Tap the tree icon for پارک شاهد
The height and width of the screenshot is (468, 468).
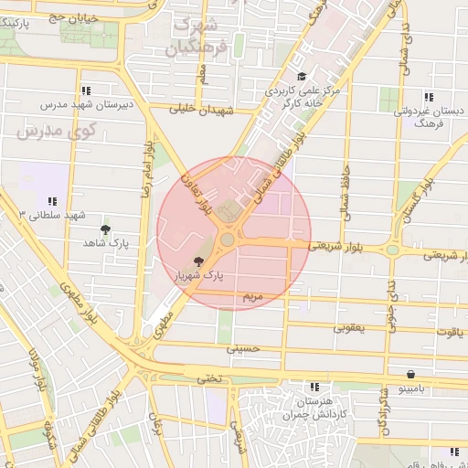coord(106,229)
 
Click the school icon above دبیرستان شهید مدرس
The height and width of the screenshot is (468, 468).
coord(86,91)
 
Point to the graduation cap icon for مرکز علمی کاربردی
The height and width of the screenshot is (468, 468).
coord(303,78)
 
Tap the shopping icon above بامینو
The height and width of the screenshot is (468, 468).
coord(411,374)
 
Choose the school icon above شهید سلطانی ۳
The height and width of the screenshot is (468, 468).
coord(52,201)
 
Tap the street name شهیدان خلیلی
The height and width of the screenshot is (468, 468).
coord(203,108)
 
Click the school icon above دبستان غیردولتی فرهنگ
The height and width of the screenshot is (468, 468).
coord(428,96)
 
